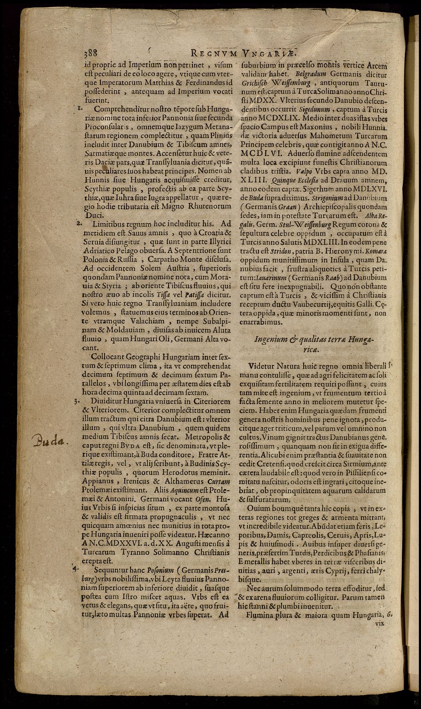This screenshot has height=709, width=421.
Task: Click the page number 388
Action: click(91, 54)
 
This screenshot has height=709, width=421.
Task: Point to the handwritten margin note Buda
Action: click(51, 440)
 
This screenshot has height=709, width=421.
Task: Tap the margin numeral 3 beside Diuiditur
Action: click(76, 401)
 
